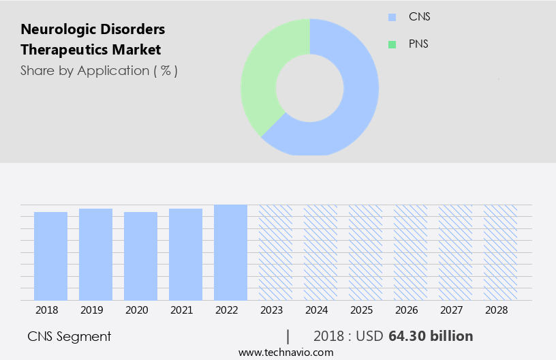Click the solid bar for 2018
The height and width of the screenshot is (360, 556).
coord(50,256)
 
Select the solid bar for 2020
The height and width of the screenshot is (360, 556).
coord(140,256)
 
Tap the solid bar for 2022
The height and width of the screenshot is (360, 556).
coord(230,252)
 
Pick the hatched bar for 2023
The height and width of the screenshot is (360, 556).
coord(275,252)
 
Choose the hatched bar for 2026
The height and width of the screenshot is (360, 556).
coord(410,252)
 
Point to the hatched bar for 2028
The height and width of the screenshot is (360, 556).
coord(500,252)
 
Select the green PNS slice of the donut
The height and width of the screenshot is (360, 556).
coord(262,75)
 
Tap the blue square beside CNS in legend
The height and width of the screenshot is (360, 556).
coord(392,17)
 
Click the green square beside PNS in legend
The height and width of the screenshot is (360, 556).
coord(392,44)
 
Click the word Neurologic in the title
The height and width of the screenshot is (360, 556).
coord(55,29)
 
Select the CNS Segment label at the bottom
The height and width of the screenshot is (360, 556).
coord(69,336)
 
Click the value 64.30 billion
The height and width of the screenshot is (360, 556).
coord(431,336)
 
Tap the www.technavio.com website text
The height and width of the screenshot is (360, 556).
coord(285,352)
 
